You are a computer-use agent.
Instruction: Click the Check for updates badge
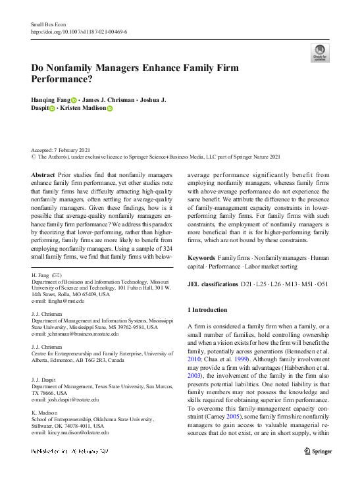pos(320,53)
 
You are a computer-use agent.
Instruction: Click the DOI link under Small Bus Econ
pos(79,31)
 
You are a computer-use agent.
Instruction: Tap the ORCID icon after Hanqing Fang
pos(74,100)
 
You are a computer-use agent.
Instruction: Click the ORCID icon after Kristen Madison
pos(110,109)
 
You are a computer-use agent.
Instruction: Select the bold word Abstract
pos(43,175)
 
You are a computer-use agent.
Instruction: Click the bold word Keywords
pos(202,257)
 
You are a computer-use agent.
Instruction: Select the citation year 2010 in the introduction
pos(195,360)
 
